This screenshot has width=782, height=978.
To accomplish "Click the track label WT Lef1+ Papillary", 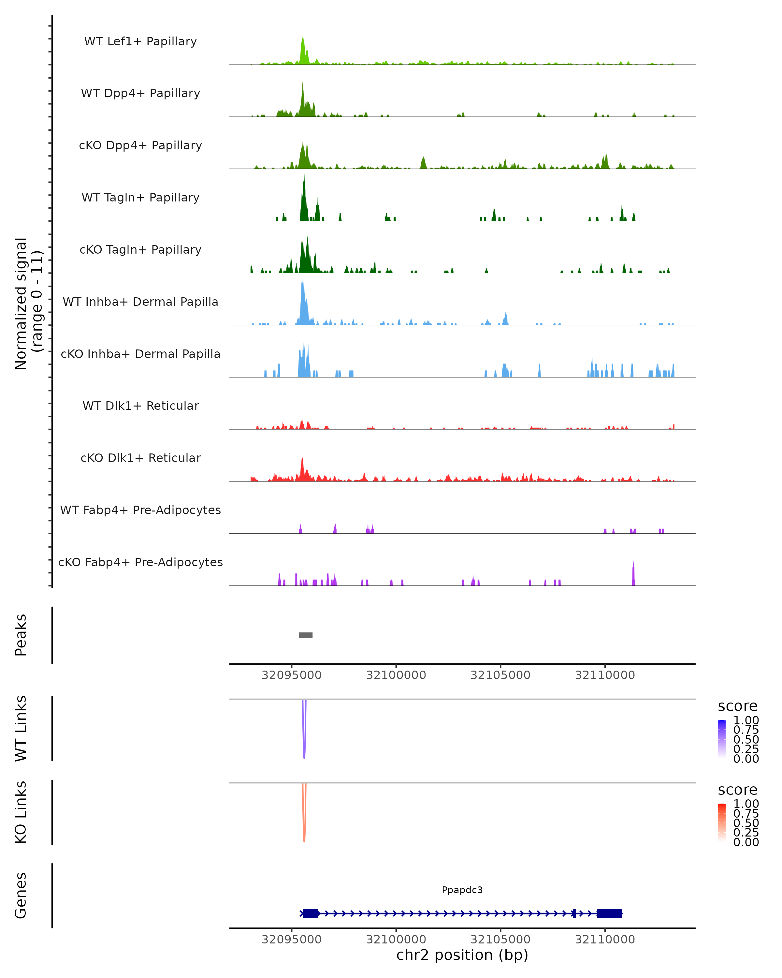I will coord(140,41).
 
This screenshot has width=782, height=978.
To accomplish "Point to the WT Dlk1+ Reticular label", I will coord(140,406).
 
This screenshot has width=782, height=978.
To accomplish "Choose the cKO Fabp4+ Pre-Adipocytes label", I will coord(140,562).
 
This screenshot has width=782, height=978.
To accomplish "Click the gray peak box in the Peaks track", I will coord(306,635).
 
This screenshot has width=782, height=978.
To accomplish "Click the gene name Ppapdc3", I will coord(462,890).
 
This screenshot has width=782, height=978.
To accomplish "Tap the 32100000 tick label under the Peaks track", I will coord(396,675).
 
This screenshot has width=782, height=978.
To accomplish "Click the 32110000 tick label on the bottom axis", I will coord(605,940).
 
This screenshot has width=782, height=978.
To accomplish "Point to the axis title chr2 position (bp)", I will coord(462,955).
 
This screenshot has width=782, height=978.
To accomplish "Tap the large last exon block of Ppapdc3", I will coord(609,913).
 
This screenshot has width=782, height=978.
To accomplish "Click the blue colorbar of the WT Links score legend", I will coord(722,738).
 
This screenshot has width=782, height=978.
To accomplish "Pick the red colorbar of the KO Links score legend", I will coord(722,822).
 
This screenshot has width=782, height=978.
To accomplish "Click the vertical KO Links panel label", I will coord(21,812).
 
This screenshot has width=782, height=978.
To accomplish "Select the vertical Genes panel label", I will coord(21,896).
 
